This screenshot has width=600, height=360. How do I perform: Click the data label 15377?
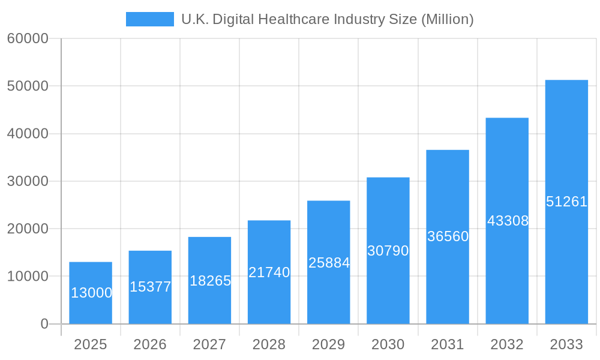pyautogui.click(x=150, y=287)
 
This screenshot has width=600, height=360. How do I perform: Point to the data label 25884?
pyautogui.click(x=329, y=263)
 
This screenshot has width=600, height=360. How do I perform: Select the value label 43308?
pyautogui.click(x=508, y=221)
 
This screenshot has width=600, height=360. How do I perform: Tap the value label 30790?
pyautogui.click(x=388, y=251)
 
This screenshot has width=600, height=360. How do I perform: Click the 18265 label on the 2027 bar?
pyautogui.click(x=210, y=281)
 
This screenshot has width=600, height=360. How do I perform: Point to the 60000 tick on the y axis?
pyautogui.click(x=28, y=38)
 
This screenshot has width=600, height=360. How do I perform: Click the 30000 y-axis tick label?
pyautogui.click(x=28, y=181)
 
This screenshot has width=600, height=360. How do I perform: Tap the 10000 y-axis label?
pyautogui.click(x=28, y=277)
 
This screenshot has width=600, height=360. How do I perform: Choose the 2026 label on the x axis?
pyautogui.click(x=150, y=344)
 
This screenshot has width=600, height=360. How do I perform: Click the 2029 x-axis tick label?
pyautogui.click(x=329, y=344)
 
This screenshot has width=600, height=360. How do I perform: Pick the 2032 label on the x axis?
pyautogui.click(x=507, y=344)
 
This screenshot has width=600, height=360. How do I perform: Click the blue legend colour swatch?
pyautogui.click(x=149, y=19)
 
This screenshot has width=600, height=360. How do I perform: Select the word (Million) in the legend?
pyautogui.click(x=447, y=19)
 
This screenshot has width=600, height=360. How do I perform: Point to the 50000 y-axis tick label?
pyautogui.click(x=28, y=86)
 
